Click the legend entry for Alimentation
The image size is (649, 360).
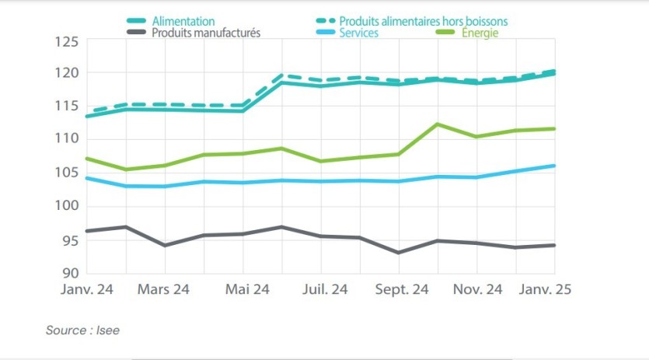click(183, 22)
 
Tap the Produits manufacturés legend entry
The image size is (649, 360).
click(206, 33)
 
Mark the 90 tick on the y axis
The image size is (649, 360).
click(70, 273)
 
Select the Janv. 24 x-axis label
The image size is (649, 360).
click(86, 290)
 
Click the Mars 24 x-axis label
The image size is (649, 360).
click(164, 290)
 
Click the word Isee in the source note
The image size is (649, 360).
click(108, 330)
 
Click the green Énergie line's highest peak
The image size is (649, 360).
click(438, 124)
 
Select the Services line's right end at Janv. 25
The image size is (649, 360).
click(554, 166)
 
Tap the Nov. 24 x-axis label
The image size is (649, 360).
click(476, 290)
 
